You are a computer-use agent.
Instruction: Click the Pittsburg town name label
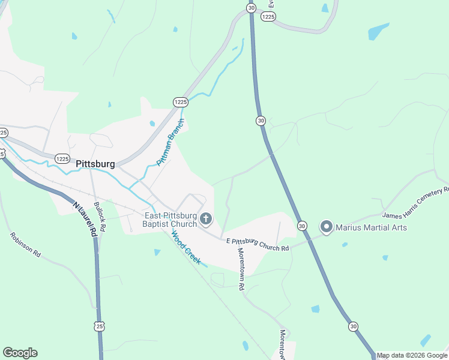(x=95, y=164)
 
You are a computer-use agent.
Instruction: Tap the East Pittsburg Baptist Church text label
(x=170, y=220)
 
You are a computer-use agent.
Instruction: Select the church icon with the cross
(x=206, y=219)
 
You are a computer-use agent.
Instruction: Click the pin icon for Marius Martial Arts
(x=327, y=227)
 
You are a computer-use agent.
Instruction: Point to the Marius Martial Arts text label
(x=371, y=227)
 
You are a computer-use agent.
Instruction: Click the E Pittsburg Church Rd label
(x=258, y=244)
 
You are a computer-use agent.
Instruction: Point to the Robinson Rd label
(x=25, y=245)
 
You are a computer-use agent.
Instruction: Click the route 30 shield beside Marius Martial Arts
(x=302, y=226)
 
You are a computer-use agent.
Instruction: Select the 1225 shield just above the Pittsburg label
(x=62, y=158)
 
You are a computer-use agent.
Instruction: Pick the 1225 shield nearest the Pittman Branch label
(x=180, y=103)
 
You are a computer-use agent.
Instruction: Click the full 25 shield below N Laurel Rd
(x=99, y=325)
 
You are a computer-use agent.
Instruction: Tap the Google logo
(x=20, y=353)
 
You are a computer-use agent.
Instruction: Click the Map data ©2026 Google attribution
(x=412, y=355)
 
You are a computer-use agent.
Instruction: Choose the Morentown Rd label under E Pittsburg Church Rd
(x=241, y=269)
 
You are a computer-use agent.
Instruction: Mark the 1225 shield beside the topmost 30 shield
(x=268, y=17)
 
